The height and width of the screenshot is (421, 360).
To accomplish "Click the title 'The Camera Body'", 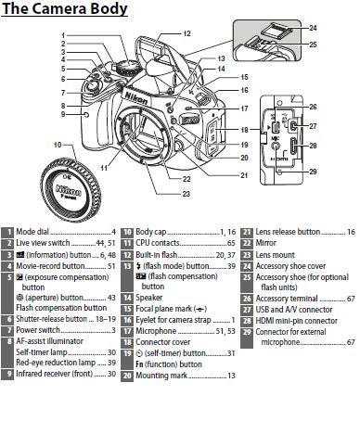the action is tap(65, 8).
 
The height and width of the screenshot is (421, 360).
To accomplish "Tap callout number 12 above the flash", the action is tap(186, 33).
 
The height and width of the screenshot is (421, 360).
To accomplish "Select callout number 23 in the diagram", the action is tap(186, 194).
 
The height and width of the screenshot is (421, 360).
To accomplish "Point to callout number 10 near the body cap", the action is tap(58, 145).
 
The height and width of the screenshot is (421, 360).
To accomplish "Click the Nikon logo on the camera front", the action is tap(136, 96).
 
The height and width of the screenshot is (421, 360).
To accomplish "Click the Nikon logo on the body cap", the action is tap(69, 191).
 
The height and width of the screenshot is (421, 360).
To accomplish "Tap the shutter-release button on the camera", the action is tap(92, 84).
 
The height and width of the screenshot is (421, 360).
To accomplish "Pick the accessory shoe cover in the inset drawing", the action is tap(276, 32).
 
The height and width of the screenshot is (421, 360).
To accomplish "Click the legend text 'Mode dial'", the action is tap(32, 232).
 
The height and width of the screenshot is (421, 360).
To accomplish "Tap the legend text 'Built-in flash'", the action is tap(157, 255).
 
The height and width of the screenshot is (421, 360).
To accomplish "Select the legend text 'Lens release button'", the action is tap(288, 232).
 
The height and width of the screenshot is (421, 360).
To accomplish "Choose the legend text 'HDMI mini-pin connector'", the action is tap(296, 321).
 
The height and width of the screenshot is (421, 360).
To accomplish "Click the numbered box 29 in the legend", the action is tap(247, 332).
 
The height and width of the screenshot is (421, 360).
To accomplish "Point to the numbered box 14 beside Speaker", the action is tap(127, 298).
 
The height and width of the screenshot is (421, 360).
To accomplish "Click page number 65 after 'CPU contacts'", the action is tap(231, 243).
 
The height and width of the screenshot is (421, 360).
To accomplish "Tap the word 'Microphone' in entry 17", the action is tap(156, 331).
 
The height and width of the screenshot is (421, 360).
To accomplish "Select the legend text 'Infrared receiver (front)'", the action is tap(55, 374).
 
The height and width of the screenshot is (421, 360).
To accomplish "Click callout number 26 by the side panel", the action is tap(313, 107).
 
